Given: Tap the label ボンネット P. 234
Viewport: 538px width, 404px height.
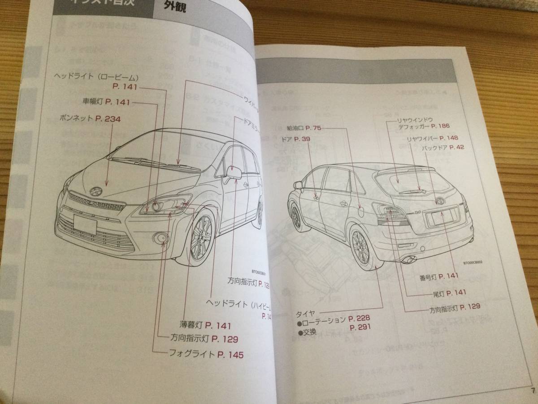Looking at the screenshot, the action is coord(90,119).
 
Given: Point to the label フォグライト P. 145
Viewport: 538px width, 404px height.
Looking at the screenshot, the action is coord(207,355).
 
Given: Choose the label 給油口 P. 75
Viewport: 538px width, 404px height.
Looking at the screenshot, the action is coord(305,128).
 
